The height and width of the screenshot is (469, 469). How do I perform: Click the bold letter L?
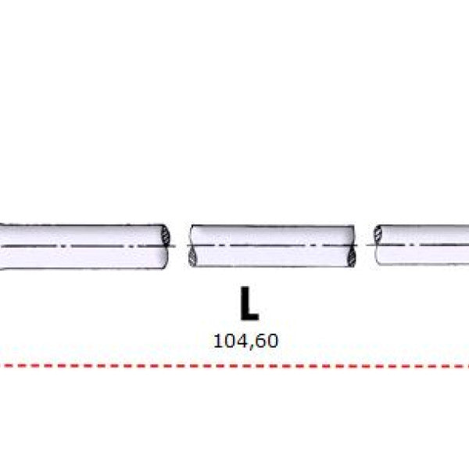coord(249,303)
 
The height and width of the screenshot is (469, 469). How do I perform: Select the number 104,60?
coord(245,342)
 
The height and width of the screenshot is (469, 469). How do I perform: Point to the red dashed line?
coord(234,366)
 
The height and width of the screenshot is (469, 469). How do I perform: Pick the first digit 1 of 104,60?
coord(217,341)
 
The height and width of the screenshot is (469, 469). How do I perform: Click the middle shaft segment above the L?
coord(272,245)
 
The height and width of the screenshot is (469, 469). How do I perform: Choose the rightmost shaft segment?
coord(421,245)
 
